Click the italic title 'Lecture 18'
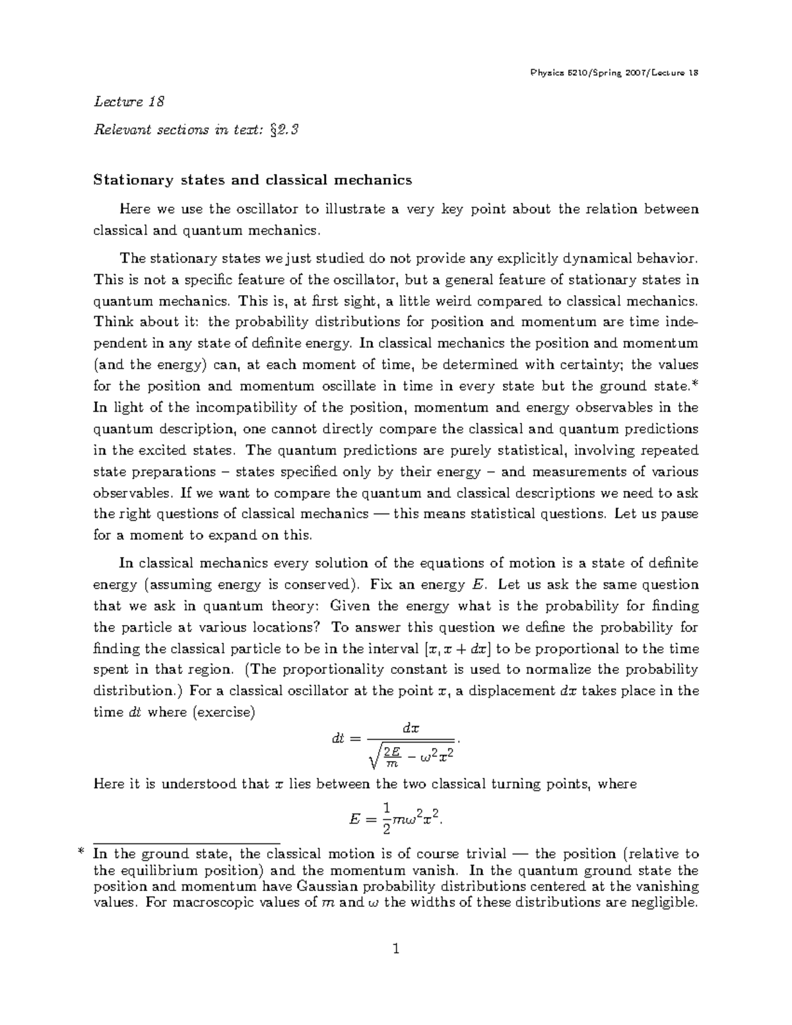(x=129, y=102)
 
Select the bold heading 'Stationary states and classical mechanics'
(x=253, y=180)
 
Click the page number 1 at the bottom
(x=395, y=951)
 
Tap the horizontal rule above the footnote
(x=187, y=843)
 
